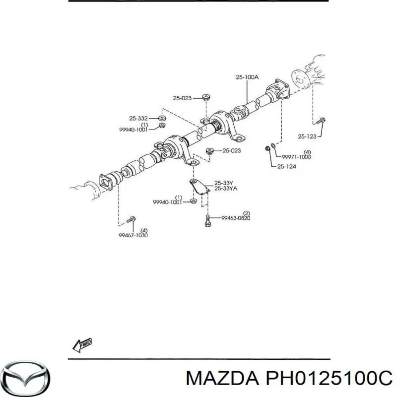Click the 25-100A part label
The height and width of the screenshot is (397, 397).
(x=247, y=77)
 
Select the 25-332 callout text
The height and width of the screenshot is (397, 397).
(x=138, y=118)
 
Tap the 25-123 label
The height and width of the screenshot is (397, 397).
(x=307, y=136)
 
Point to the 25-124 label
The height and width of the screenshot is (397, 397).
(x=287, y=166)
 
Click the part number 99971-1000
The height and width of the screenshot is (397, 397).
(x=296, y=157)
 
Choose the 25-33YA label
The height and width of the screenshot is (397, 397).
(x=226, y=189)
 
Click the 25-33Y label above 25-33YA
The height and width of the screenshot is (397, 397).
(x=224, y=183)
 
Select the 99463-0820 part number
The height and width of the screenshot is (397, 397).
(x=236, y=218)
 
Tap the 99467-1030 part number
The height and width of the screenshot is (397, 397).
(x=133, y=235)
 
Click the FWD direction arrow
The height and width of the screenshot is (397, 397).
(x=82, y=344)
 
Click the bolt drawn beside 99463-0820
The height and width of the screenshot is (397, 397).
(x=207, y=220)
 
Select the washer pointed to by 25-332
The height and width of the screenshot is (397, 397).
(x=162, y=118)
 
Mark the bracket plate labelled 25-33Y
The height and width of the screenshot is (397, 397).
(x=200, y=187)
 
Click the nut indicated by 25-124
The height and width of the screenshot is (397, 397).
(x=267, y=148)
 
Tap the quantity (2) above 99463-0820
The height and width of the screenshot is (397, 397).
(x=246, y=213)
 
